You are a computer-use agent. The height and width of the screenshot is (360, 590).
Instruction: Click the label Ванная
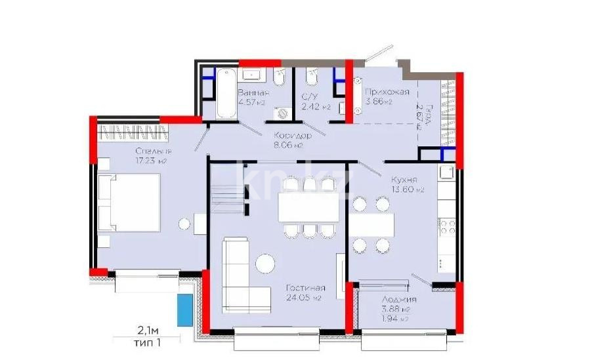click(253, 92)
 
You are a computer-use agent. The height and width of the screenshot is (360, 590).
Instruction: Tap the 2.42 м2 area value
click(315, 106)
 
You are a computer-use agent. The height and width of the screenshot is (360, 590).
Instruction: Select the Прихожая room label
click(387, 92)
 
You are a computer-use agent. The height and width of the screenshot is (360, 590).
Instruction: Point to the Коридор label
click(293, 135)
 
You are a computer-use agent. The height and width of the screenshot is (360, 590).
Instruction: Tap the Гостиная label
click(305, 288)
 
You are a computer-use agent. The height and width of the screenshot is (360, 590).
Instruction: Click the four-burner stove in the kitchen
click(448, 227)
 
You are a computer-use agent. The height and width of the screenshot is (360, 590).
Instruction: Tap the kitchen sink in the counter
click(447, 174)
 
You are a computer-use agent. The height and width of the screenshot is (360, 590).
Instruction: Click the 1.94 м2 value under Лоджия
click(397, 319)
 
